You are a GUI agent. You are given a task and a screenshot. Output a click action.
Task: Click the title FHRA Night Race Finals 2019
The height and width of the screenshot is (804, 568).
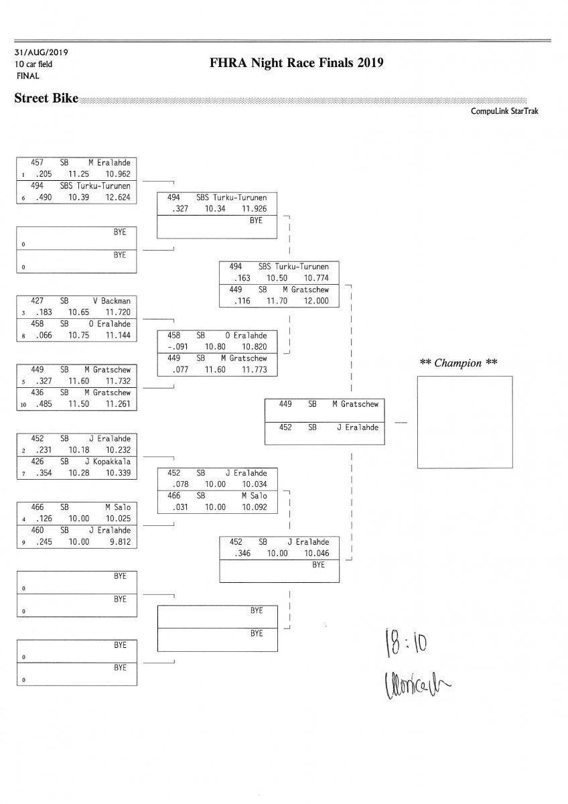pyautogui.click(x=296, y=64)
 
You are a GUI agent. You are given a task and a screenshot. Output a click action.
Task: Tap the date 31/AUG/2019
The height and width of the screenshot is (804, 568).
pyautogui.click(x=42, y=52)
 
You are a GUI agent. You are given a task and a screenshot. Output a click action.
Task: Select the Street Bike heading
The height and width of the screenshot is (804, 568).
pyautogui.click(x=46, y=99)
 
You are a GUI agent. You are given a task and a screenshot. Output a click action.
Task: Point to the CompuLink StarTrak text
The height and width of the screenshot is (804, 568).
pyautogui.click(x=504, y=111)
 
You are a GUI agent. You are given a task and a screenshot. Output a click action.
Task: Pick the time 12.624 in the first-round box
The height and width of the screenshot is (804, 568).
pyautogui.click(x=117, y=197)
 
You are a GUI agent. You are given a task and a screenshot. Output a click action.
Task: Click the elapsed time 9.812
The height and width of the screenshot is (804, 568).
pyautogui.click(x=117, y=541)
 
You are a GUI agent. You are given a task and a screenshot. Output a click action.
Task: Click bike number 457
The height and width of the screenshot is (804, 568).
pyautogui.click(x=38, y=162)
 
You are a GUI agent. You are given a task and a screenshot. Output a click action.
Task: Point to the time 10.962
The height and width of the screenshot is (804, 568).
pyautogui.click(x=117, y=174)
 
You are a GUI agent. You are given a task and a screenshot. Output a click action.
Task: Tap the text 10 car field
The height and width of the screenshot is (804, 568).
pyautogui.click(x=33, y=64)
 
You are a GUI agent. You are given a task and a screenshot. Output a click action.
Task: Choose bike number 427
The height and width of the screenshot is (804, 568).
pyautogui.click(x=38, y=301)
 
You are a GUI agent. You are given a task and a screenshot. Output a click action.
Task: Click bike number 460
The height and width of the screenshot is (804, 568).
pyautogui.click(x=38, y=530)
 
